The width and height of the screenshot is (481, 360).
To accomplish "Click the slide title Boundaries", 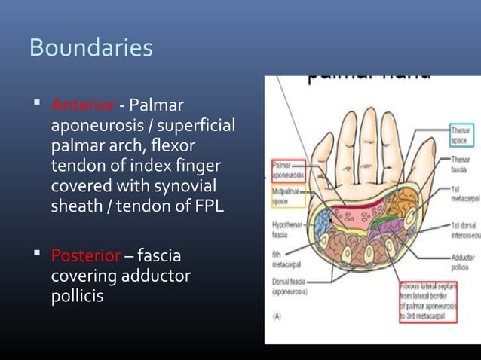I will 90,48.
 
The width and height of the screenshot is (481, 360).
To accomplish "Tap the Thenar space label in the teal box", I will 460,135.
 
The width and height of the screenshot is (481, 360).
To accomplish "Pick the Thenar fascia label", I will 460,163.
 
